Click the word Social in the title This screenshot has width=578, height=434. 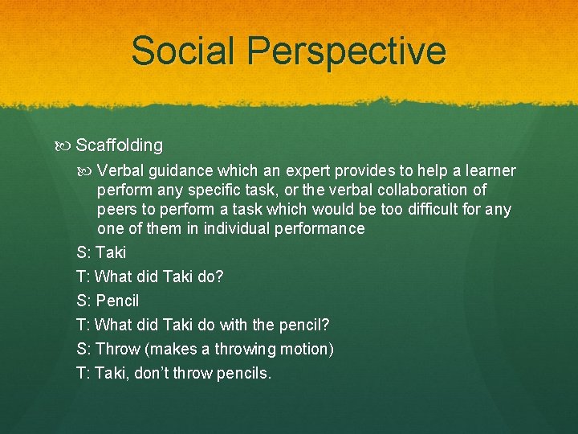185,51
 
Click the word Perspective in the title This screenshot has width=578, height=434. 346,51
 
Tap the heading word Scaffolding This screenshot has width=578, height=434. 119,145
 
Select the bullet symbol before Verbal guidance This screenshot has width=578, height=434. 87,171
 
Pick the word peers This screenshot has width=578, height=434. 117,210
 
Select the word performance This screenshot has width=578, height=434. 318,229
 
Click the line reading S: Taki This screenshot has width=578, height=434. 101,252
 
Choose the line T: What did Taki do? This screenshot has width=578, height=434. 150,276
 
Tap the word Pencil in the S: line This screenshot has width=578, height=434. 117,301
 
